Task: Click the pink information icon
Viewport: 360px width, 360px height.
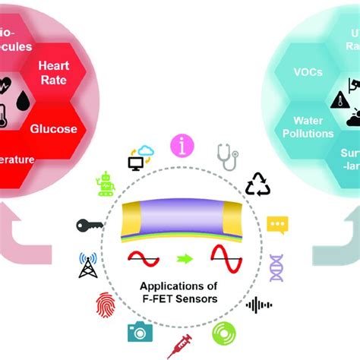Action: click(182, 145)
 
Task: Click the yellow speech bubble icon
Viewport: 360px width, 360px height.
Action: click(277, 226)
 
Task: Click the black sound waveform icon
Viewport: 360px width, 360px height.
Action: click(259, 305)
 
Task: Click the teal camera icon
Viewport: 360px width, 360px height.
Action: click(140, 332)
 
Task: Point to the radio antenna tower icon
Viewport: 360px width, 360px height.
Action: click(89, 265)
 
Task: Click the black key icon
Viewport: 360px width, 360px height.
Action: click(90, 226)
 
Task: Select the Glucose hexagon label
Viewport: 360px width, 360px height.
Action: click(53, 128)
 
